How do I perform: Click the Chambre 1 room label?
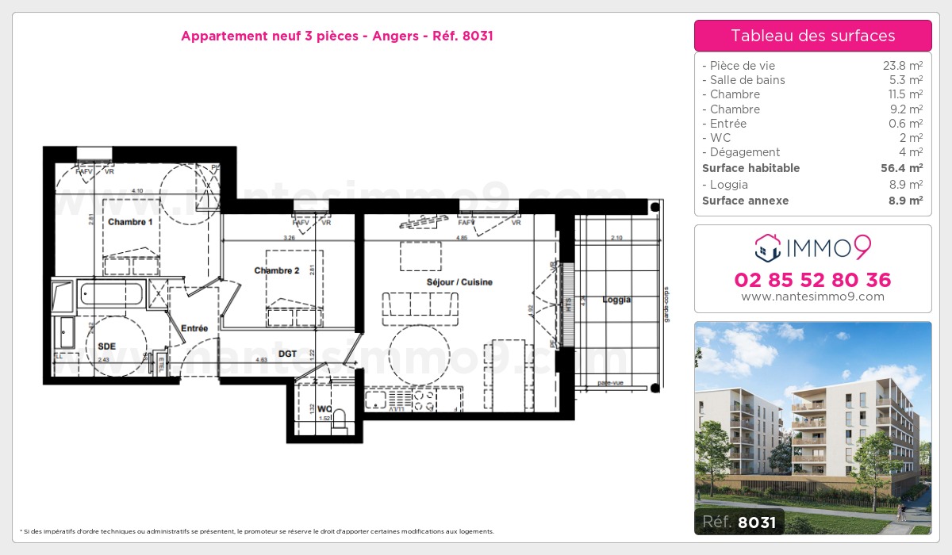tap(131, 222)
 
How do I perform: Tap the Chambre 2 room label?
tap(277, 270)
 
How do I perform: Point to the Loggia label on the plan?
tap(616, 300)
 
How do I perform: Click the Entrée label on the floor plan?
tap(194, 328)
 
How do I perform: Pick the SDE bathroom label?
tap(107, 346)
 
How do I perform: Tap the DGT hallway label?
tap(287, 354)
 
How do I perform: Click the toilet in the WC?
tap(341, 419)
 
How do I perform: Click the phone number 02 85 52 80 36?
tap(812, 280)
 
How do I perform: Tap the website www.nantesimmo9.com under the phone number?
tap(812, 297)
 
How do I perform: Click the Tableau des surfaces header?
tap(812, 36)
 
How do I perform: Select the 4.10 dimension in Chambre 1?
tap(137, 190)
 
